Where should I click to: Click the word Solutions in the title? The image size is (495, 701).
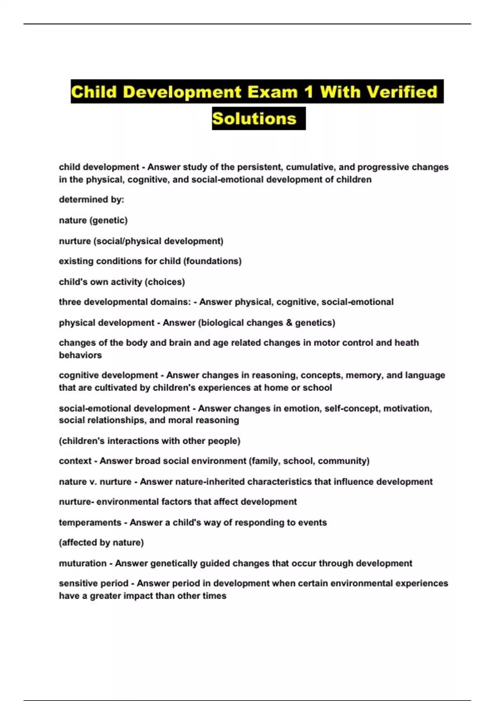pos(254,119)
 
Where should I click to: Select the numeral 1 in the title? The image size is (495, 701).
pos(308,92)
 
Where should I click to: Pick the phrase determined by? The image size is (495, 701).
pos(91,200)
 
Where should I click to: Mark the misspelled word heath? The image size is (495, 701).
pos(407,343)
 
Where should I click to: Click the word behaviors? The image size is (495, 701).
pos(80,355)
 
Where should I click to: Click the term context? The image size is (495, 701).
pos(75,461)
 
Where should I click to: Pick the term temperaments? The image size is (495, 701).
pos(90,522)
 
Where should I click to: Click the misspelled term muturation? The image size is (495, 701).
pos(82,563)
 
